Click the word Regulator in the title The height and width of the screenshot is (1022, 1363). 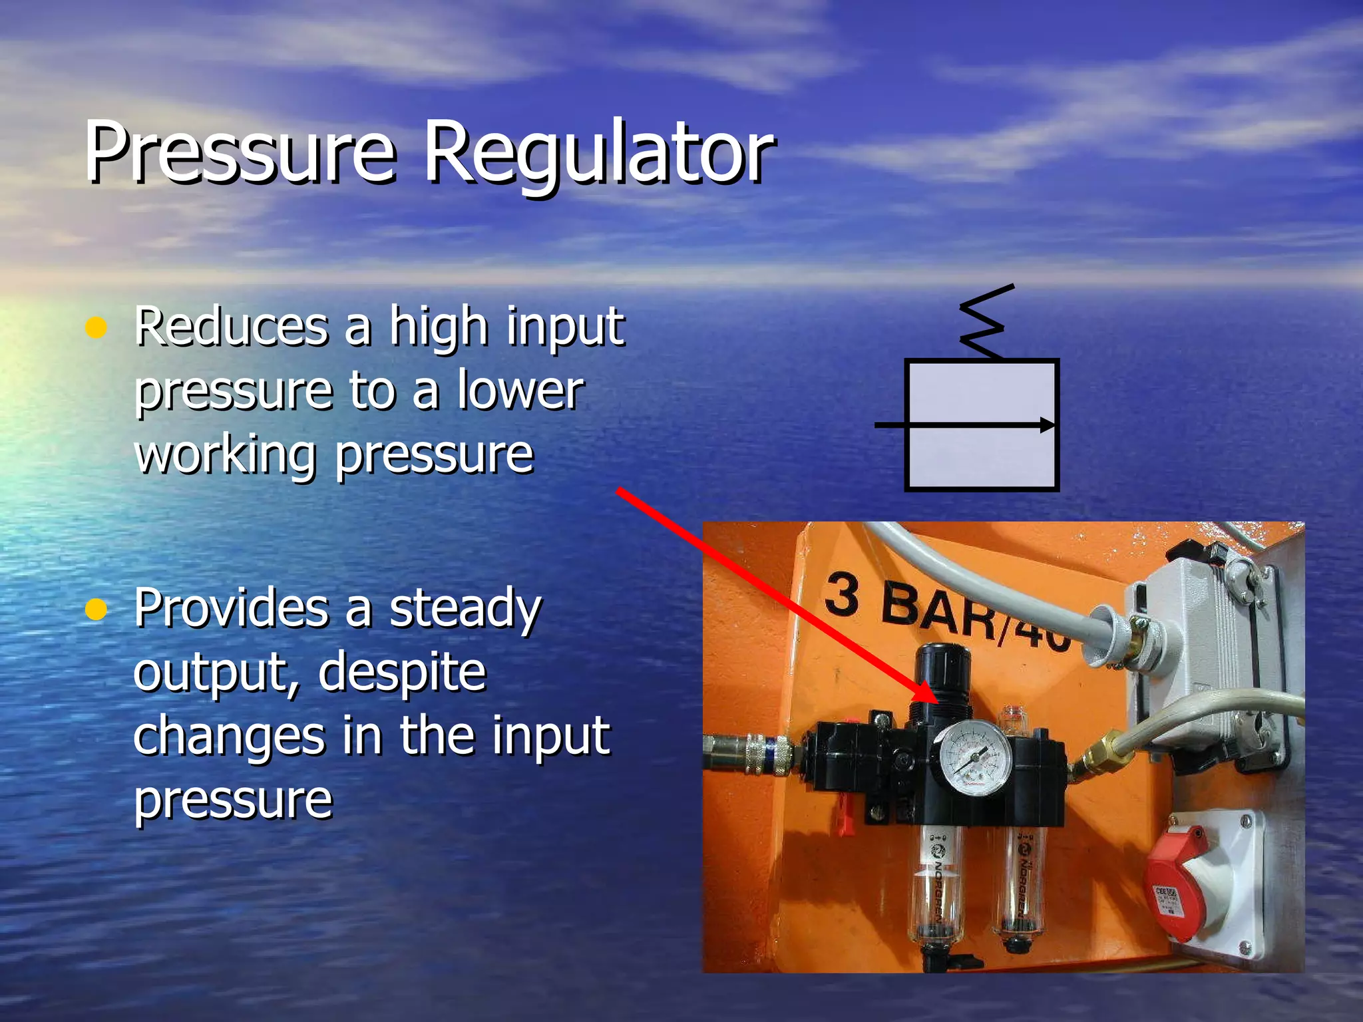tap(598, 154)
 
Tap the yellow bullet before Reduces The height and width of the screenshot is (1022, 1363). tap(97, 328)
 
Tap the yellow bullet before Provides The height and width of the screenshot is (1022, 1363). tap(97, 609)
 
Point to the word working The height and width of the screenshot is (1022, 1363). tap(225, 456)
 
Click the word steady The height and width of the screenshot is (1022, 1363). tap(465, 609)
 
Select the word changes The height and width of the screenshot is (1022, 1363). tap(229, 735)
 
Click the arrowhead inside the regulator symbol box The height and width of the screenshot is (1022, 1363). tap(1047, 425)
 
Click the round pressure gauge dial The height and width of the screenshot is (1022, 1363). tap(974, 758)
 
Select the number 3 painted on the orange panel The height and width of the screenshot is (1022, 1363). tap(842, 594)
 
